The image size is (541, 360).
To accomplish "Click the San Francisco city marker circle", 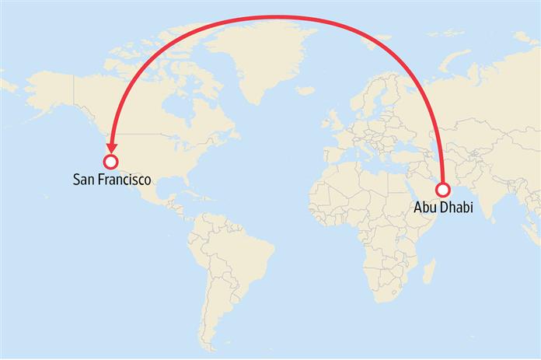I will click(x=110, y=162).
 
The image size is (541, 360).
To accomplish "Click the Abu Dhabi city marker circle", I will click(x=443, y=189).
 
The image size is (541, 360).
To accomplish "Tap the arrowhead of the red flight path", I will click(x=112, y=145).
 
